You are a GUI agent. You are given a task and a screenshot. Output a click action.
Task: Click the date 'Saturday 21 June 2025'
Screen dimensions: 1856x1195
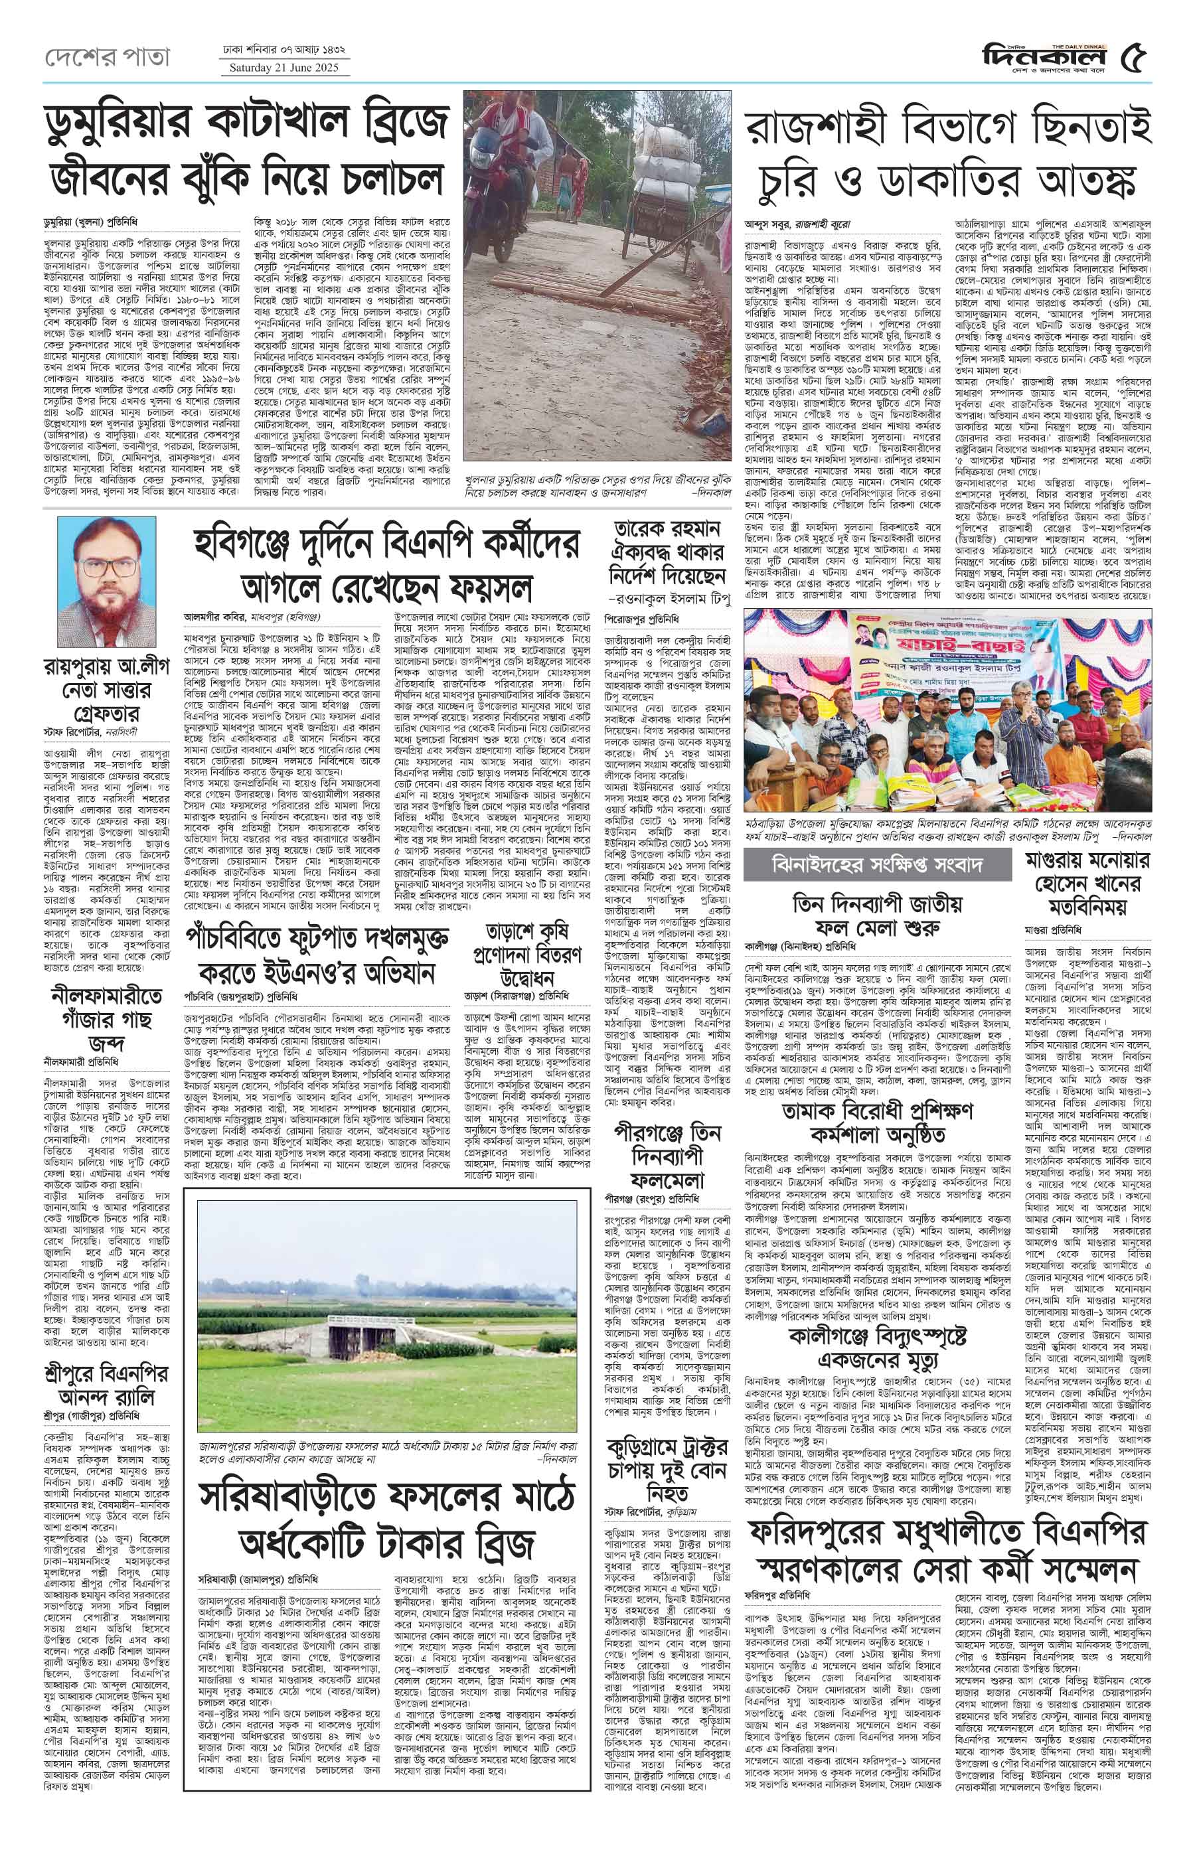click(284, 68)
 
